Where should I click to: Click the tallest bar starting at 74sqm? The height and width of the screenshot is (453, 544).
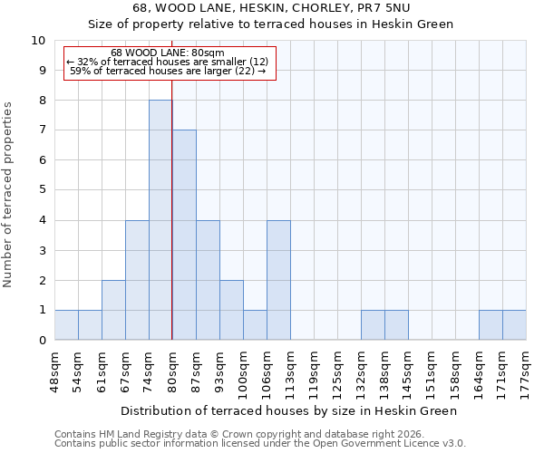[160, 220]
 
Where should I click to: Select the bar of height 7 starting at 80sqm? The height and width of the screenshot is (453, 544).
[184, 235]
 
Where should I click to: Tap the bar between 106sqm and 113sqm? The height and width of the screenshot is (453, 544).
[278, 280]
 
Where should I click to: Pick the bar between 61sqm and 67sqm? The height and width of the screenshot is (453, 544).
[113, 310]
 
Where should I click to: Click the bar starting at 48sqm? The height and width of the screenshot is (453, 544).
[66, 325]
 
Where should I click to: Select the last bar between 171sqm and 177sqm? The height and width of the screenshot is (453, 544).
[514, 325]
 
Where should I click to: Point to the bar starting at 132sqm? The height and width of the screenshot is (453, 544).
[373, 325]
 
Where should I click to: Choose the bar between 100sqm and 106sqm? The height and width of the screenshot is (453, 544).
[255, 325]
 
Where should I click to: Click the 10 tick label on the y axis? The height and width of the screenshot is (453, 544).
[38, 41]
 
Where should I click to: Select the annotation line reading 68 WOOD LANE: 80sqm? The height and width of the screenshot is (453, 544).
[168, 53]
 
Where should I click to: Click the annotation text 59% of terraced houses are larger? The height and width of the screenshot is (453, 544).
[168, 71]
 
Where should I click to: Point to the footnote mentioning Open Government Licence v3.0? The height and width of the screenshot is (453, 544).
[259, 444]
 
